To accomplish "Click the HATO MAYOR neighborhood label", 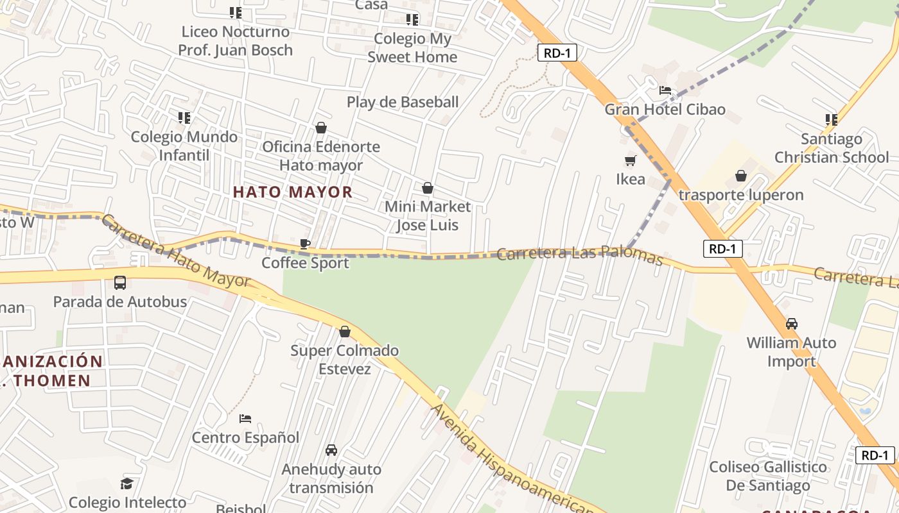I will [x=292, y=192].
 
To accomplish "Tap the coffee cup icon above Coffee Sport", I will [x=305, y=244].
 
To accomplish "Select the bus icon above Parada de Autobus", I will [x=119, y=282].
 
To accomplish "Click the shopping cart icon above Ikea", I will [x=630, y=160].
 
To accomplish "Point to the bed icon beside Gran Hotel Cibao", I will [x=665, y=90].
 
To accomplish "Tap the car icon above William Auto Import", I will [x=792, y=324].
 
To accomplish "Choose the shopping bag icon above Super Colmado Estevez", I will [x=345, y=332].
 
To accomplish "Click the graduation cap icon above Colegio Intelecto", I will [x=127, y=484].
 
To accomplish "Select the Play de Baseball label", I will [x=403, y=102].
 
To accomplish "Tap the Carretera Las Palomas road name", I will [x=579, y=255].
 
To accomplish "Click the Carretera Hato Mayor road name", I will [x=175, y=251].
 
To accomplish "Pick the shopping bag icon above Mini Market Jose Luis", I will [x=427, y=188].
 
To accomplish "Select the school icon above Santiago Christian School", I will [x=831, y=120].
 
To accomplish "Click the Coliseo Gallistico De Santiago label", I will [x=768, y=476].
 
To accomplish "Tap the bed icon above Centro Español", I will [x=245, y=419].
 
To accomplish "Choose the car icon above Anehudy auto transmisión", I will [x=331, y=450].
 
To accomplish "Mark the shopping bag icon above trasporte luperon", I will [x=741, y=176].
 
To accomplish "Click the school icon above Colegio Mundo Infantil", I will [x=184, y=118].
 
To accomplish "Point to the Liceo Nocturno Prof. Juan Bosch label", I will [x=235, y=40].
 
